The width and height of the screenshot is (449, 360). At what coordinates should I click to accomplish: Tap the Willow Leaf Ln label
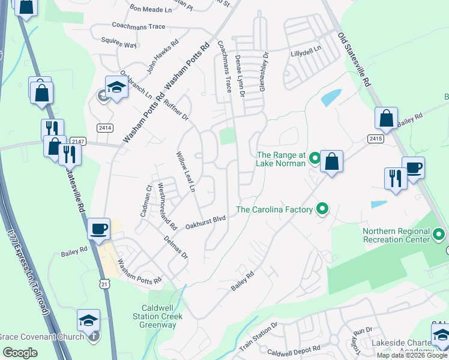[x=185, y=172]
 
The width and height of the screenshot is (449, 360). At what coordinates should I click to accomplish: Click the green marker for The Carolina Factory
[x=323, y=209]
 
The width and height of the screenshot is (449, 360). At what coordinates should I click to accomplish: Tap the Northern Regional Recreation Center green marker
[x=439, y=234]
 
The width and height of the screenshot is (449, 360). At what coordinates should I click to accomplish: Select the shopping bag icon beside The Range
[x=331, y=161]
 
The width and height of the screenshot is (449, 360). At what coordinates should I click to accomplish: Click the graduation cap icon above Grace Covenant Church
[x=88, y=320]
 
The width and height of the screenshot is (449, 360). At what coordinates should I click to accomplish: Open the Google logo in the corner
[x=20, y=353]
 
